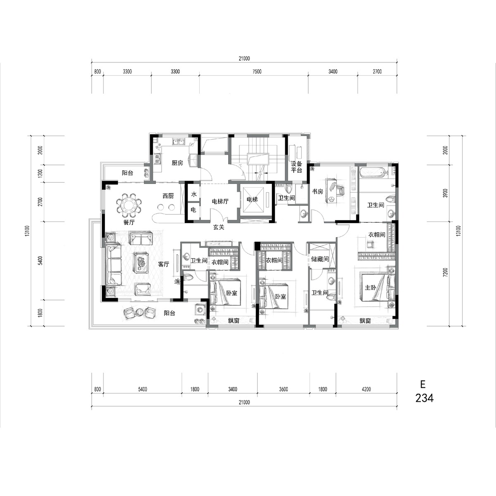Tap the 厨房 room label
[177, 163]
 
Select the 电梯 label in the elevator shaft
[252, 199]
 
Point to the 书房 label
[317, 191]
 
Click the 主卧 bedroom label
[370, 287]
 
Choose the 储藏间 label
[320, 259]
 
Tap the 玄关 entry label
[219, 227]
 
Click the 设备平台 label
[296, 167]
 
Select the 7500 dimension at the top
[257, 72]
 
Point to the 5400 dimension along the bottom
[142, 389]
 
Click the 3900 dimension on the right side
[446, 193]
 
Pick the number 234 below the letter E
[424, 398]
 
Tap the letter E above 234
[423, 384]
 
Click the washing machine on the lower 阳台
[200, 310]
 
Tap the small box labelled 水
[193, 194]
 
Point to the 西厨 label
[168, 196]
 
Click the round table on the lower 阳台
[139, 312]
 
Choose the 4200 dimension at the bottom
[366, 389]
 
